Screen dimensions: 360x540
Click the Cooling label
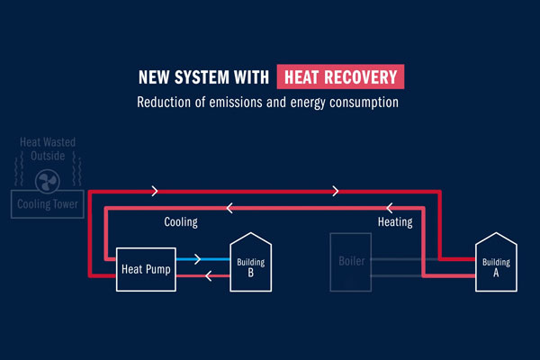pyautogui.click(x=181, y=221)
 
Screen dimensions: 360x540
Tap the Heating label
pyautogui.click(x=394, y=221)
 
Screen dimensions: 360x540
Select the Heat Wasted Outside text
pyautogui.click(x=50, y=148)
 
